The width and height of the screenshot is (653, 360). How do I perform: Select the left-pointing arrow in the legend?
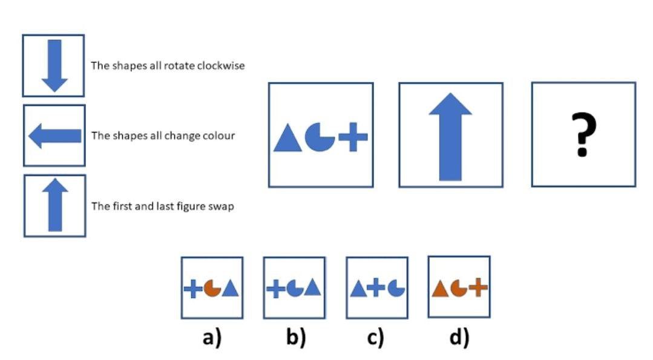tap(54, 136)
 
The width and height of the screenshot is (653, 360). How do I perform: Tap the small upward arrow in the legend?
tap(54, 205)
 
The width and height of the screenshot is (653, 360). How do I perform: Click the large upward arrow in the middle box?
tap(450, 137)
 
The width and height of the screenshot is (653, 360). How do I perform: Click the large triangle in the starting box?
tap(287, 138)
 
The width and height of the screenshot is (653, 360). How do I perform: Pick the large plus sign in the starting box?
tap(353, 137)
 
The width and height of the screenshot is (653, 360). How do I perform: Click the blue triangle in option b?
tap(312, 289)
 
